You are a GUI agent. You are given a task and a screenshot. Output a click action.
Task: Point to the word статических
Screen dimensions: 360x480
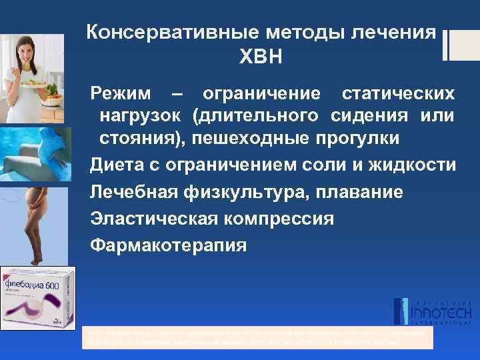pos(399,93)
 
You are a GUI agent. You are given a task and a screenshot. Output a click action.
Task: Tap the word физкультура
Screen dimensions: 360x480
pos(234,193)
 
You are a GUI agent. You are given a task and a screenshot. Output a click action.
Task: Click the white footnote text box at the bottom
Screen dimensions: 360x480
pos(256,337)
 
